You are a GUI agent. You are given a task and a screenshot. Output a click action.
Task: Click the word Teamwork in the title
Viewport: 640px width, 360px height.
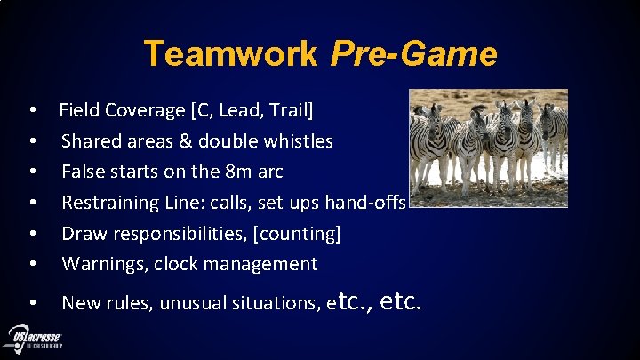point(230,53)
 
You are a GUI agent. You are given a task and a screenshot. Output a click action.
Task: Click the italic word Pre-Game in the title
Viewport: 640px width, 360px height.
point(413,54)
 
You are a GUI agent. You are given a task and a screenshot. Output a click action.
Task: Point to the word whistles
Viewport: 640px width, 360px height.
point(300,141)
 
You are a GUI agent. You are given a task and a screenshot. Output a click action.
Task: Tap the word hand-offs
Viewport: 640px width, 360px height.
point(366,203)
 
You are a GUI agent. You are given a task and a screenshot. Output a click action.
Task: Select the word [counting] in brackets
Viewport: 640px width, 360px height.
point(297,233)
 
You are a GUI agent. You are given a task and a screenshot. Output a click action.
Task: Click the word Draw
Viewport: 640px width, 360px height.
point(82,233)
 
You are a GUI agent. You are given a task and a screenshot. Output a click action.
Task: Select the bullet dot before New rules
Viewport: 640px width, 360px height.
point(32,304)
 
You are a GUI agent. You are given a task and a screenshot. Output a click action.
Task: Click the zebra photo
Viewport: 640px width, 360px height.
point(488,148)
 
